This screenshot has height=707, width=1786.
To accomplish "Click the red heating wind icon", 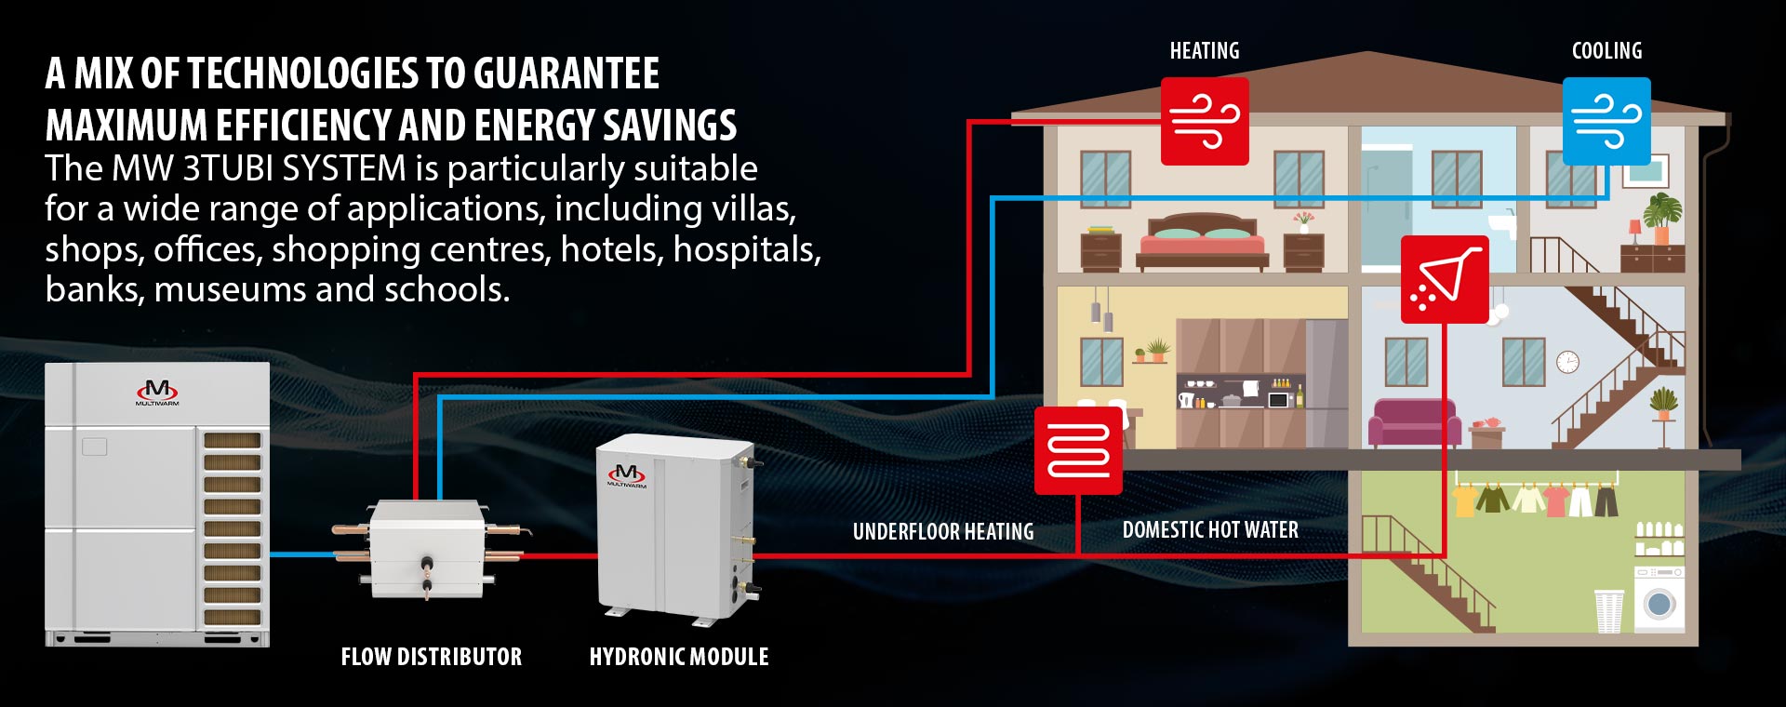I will (1205, 121).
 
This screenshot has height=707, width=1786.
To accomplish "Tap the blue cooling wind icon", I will (1606, 121).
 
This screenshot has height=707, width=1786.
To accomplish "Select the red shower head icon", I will (1445, 279).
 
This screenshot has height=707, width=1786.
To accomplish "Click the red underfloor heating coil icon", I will (1078, 450).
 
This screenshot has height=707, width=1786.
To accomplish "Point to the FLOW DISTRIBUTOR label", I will (432, 657).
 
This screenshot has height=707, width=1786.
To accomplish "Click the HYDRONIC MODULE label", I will (679, 657).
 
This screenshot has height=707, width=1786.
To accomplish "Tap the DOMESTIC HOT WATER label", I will (1210, 530).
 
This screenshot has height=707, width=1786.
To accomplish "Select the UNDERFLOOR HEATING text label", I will (943, 532).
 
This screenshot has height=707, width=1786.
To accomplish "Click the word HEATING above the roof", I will (1205, 51).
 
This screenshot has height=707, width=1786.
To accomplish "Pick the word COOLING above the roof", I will (1606, 51).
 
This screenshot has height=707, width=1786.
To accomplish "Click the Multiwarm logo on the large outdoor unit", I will (157, 392).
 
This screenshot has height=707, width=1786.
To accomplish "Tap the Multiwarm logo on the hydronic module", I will (627, 475).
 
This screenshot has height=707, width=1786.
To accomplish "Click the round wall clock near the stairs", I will (1567, 362).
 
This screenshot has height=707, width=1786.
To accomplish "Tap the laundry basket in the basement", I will (1608, 610).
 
